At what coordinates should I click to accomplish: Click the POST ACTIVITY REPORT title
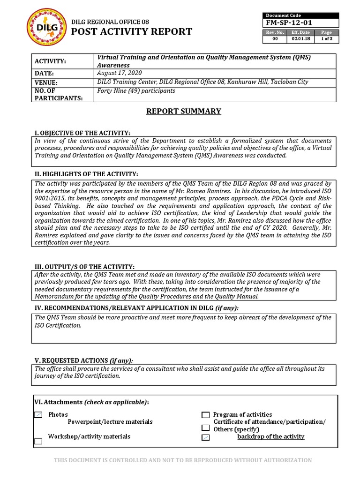131,32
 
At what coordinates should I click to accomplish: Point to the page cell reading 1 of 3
326,39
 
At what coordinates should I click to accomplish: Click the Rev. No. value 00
275,39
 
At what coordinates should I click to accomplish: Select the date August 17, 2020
119,74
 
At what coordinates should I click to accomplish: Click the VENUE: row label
49,82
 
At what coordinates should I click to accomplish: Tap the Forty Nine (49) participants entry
136,91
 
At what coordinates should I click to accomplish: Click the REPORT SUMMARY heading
183,112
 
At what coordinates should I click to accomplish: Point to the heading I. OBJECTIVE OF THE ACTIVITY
83,134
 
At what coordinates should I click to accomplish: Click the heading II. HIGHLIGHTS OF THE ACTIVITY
87,174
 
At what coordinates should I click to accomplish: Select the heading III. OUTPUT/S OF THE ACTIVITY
85,267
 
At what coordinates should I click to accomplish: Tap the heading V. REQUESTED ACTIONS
84,360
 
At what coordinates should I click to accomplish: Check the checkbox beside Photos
38,415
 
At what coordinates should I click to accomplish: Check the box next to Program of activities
205,415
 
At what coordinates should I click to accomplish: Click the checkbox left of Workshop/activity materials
38,441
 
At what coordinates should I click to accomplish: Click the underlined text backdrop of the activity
270,437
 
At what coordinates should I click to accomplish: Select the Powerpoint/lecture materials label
110,422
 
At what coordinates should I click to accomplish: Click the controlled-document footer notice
183,460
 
